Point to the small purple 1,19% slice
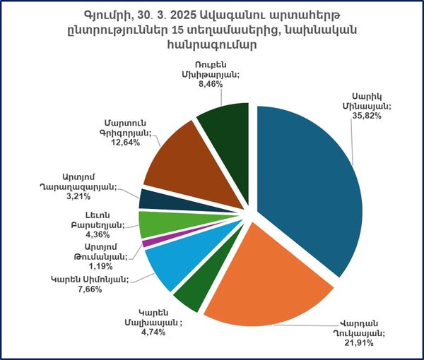point(147,243)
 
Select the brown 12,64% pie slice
point(177,159)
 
